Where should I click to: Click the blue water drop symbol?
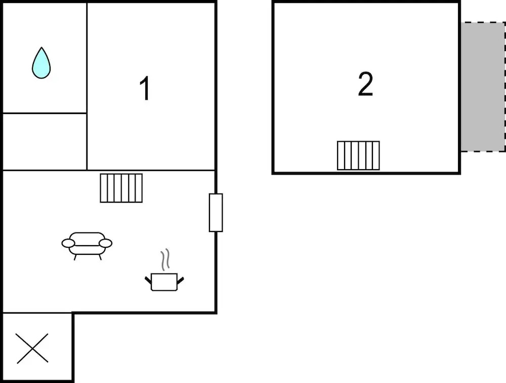pyautogui.click(x=41, y=63)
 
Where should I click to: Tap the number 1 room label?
pyautogui.click(x=145, y=88)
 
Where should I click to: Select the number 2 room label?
pyautogui.click(x=365, y=84)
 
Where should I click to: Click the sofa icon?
pyautogui.click(x=87, y=246)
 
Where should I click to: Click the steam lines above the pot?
pyautogui.click(x=165, y=259)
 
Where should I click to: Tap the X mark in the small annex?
pyautogui.click(x=32, y=349)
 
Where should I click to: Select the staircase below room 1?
pyautogui.click(x=121, y=188)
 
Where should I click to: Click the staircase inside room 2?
pyautogui.click(x=358, y=156)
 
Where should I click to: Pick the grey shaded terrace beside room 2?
pyautogui.click(x=483, y=87)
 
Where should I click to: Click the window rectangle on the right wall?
pyautogui.click(x=216, y=213)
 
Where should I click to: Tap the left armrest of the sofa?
pyautogui.click(x=68, y=243)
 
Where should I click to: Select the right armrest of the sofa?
pyautogui.click(x=105, y=243)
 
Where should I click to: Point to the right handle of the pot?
pyautogui.click(x=181, y=281)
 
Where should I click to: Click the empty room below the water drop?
pyautogui.click(x=45, y=141)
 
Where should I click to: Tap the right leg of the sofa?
pyautogui.click(x=100, y=257)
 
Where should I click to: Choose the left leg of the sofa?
pyautogui.click(x=75, y=257)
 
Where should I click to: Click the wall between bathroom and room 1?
pyautogui.click(x=87, y=58)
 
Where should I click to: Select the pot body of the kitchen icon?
pyautogui.click(x=164, y=282)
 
